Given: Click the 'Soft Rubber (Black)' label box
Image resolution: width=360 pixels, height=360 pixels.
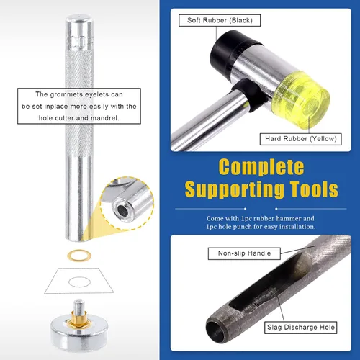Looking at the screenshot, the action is (220, 20).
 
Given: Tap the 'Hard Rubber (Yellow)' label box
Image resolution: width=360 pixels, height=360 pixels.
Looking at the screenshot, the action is (301, 139).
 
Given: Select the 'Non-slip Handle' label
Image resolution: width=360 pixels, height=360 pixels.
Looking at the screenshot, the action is (244, 253).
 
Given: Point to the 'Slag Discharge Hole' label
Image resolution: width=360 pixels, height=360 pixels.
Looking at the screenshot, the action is (301, 328).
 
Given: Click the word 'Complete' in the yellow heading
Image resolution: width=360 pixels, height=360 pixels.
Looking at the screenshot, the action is (261, 167).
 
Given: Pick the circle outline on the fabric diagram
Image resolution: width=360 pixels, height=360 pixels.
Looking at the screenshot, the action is (79, 277).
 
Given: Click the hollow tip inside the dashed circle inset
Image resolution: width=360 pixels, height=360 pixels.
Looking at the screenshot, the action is (122, 210).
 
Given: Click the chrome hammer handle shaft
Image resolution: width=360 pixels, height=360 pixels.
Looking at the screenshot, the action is (207, 120).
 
